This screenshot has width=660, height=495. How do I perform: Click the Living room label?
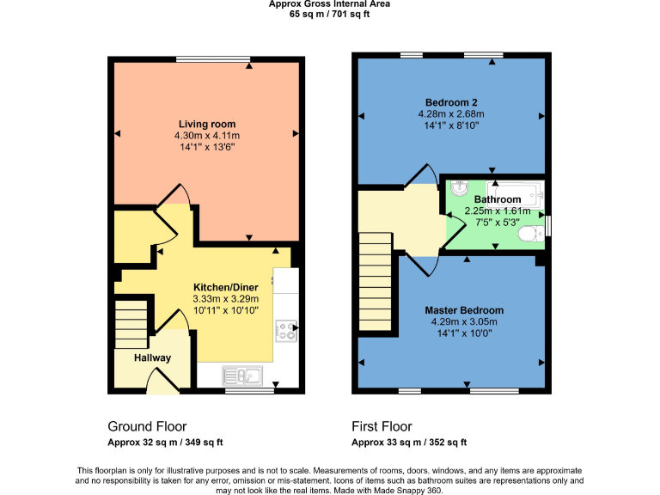(x=206, y=124)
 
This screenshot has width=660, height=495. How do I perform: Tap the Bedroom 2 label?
(x=451, y=101)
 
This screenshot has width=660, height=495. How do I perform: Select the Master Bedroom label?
(x=464, y=310)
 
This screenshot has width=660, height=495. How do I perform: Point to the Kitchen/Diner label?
(x=225, y=286)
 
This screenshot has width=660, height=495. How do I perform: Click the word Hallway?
(x=152, y=358)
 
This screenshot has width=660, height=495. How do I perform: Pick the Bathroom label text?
(x=498, y=199)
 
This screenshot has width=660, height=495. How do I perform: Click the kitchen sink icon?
(x=242, y=375)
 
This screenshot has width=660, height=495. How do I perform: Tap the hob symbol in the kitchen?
(x=285, y=331)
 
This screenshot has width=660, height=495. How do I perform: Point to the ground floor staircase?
(x=131, y=321)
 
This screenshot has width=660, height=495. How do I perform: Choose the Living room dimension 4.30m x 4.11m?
(x=206, y=136)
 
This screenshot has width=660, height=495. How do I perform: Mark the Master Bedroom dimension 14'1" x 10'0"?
(x=464, y=334)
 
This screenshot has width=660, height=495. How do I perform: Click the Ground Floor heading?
(x=147, y=426)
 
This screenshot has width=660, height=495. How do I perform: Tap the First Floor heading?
(x=382, y=426)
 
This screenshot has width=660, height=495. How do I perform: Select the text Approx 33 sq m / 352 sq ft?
(x=409, y=443)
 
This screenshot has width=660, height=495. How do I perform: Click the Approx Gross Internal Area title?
(x=329, y=4)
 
